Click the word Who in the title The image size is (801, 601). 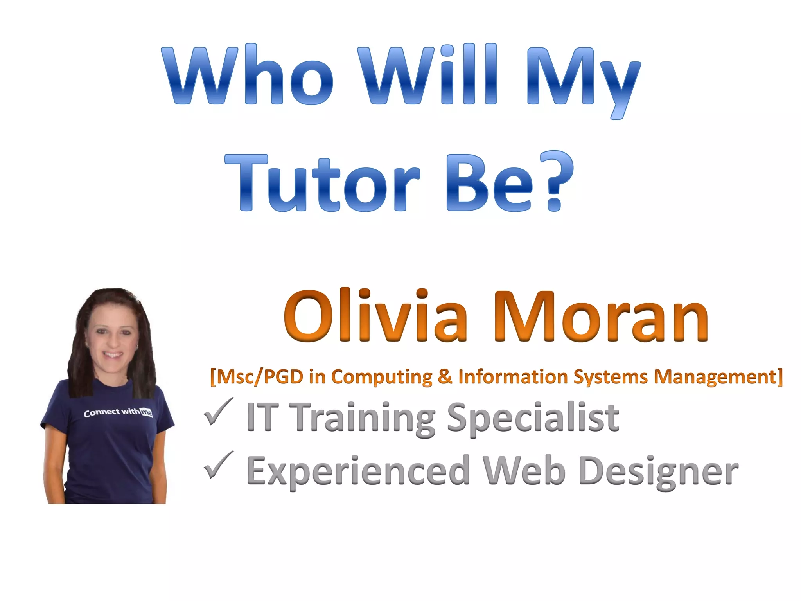point(249,75)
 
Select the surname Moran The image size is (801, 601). point(600,317)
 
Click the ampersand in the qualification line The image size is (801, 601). point(445,377)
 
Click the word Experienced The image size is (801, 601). point(358,471)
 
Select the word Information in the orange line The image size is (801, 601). point(513,377)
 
